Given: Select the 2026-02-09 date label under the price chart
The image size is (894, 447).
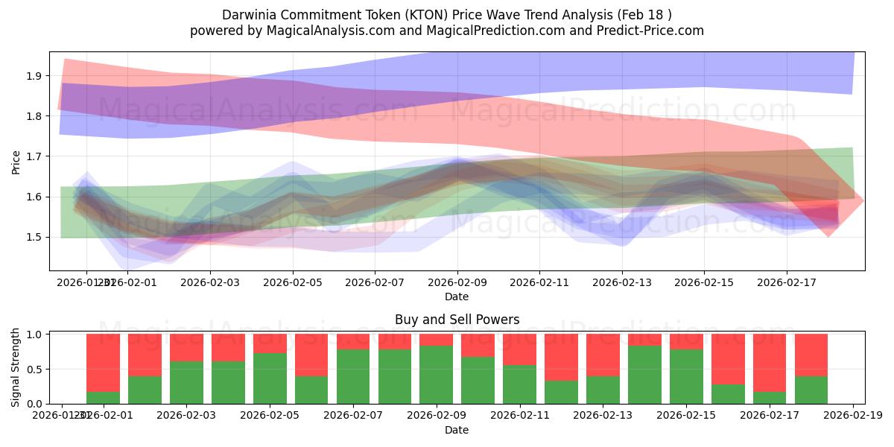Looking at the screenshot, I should (x=457, y=284).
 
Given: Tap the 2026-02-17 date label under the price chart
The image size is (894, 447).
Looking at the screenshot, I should (x=787, y=284).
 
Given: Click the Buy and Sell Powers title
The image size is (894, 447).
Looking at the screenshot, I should (x=457, y=320).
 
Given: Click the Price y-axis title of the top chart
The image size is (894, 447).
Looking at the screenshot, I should (x=16, y=161).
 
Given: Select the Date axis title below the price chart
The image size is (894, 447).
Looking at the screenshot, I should (x=457, y=297).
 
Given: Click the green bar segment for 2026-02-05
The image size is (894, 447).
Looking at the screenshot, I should (x=270, y=378).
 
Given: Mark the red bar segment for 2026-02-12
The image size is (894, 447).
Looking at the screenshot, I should (x=561, y=358).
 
